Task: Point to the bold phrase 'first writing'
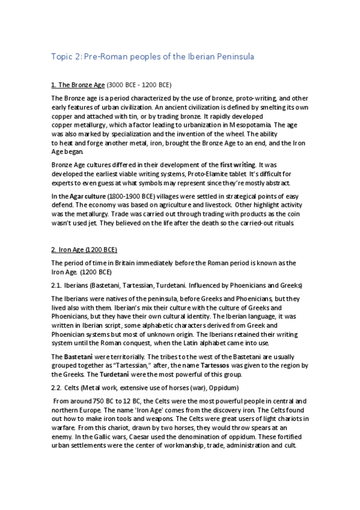(x=237, y=164)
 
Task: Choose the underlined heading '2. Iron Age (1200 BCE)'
(x=84, y=249)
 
